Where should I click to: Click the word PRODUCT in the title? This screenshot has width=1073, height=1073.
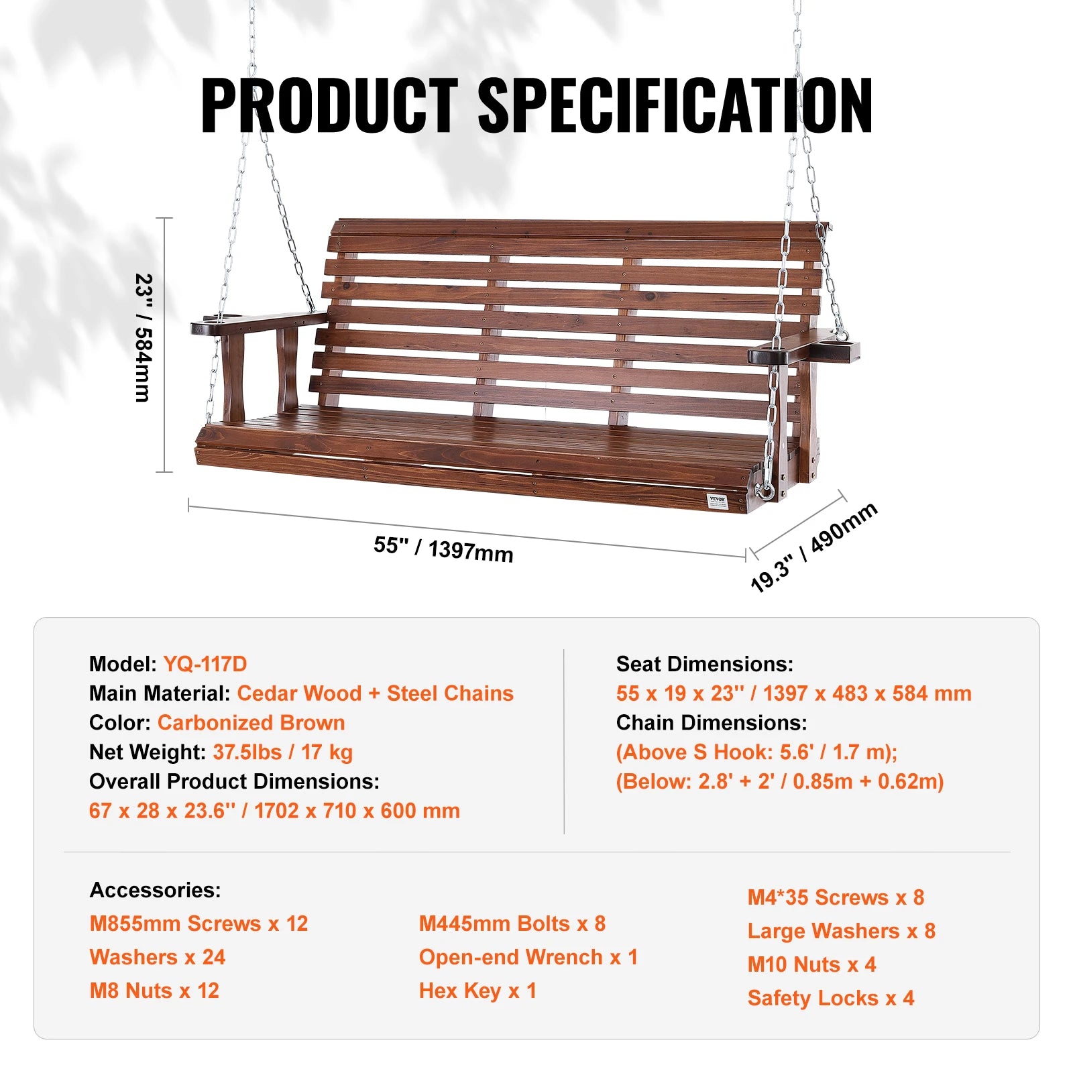click(x=329, y=105)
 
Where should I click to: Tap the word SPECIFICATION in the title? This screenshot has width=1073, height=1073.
click(x=675, y=105)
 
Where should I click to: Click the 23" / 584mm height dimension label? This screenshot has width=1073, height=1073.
click(x=144, y=337)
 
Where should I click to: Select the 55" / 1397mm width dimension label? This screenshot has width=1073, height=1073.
click(x=443, y=549)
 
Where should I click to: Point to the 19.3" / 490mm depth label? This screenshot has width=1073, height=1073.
click(x=813, y=547)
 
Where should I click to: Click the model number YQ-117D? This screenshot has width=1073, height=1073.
click(x=205, y=664)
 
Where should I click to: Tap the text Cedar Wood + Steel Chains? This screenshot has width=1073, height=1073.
click(x=375, y=693)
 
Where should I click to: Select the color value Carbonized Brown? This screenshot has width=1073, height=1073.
click(x=251, y=723)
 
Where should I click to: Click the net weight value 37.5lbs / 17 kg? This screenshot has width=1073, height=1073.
click(x=282, y=752)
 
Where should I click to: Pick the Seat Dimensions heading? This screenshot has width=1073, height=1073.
click(x=704, y=664)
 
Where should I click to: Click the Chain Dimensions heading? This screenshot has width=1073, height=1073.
click(x=711, y=723)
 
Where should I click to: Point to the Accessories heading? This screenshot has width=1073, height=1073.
click(x=155, y=890)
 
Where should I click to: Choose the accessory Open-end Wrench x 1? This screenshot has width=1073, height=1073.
click(x=528, y=957)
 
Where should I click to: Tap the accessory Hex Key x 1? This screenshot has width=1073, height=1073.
click(x=477, y=991)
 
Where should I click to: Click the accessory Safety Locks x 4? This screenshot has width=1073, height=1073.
click(x=830, y=998)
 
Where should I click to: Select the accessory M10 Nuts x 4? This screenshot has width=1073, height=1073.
click(x=811, y=964)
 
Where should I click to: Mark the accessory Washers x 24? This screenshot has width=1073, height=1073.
click(x=158, y=957)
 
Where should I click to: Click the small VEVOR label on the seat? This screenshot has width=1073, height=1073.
click(x=717, y=500)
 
